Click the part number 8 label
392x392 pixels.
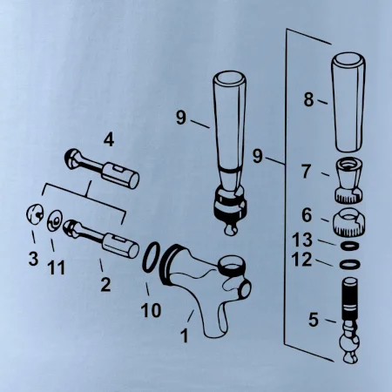coord(308,99)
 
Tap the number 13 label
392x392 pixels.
coord(302,240)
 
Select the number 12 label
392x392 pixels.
coord(302,260)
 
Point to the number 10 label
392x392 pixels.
coord(151,310)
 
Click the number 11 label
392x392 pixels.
coord(56,267)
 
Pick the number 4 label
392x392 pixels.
coord(109,140)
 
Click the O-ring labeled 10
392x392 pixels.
coord(151,258)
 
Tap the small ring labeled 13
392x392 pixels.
coord(348,246)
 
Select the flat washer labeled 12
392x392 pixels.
coord(350,265)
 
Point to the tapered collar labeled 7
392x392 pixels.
coord(349,180)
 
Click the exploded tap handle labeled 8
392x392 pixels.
coord(348,102)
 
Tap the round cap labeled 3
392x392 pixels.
coord(35,214)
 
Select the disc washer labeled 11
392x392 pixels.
coord(55,221)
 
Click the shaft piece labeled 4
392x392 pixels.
coord(102,169)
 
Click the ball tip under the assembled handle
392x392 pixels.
coord(231,228)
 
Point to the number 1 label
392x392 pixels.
coord(185,335)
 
